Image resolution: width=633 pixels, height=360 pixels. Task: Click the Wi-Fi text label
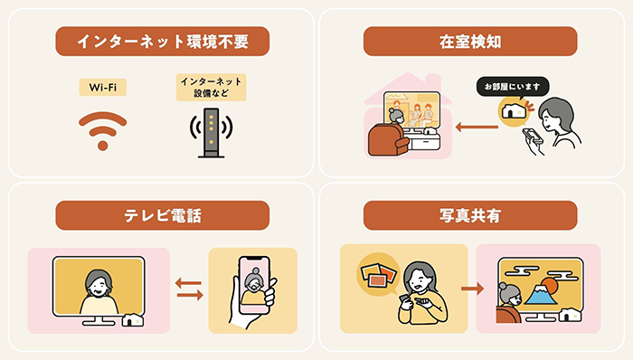102,87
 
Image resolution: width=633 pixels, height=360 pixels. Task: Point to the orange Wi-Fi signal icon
102,129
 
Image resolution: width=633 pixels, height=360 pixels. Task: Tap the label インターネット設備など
211,87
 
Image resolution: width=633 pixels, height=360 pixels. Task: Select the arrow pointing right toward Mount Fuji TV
469,289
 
